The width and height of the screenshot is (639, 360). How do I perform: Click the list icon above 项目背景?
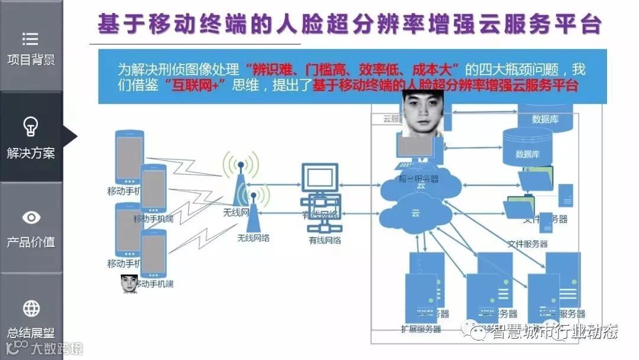tap(31, 39)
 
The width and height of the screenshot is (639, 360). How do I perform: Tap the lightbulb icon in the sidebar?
tap(31, 126)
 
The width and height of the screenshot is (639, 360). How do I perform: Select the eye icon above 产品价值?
tap(31, 218)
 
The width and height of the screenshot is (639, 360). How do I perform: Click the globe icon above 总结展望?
tap(31, 308)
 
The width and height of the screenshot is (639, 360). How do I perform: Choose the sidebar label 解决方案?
tap(31, 153)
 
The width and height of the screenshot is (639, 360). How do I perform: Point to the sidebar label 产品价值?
tap(31, 242)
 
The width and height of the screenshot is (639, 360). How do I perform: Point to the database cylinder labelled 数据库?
tap(527, 146)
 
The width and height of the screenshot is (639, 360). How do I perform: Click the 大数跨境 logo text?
tap(57, 348)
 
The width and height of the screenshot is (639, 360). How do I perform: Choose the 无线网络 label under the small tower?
tap(253, 238)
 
